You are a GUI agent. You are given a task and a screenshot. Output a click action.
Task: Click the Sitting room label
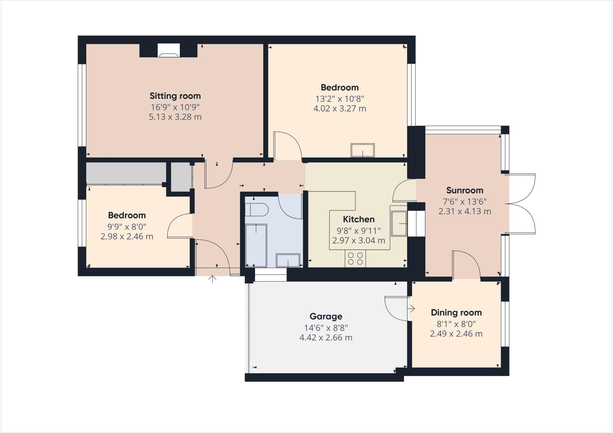(x=175, y=96)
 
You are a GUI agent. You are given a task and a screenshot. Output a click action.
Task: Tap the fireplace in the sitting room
(x=169, y=51)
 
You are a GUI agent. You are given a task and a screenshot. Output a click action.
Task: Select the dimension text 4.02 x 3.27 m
(x=340, y=108)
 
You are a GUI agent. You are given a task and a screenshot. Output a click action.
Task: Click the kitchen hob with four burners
(x=355, y=258)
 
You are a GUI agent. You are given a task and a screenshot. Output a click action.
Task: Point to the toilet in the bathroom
(x=257, y=210)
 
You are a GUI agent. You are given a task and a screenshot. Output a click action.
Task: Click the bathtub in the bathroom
(x=256, y=245)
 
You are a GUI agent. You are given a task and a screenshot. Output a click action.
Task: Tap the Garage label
(x=326, y=317)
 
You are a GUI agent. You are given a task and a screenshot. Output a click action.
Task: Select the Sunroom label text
(x=465, y=190)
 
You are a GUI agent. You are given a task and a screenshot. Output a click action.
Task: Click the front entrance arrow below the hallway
(x=212, y=279)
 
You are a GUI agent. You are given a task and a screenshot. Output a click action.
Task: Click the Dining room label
(x=456, y=313)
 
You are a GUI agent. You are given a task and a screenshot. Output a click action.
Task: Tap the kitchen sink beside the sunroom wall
(x=399, y=223)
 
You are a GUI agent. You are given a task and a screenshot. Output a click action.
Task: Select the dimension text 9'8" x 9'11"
(x=359, y=231)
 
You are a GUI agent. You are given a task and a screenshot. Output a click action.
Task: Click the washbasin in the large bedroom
(x=362, y=150)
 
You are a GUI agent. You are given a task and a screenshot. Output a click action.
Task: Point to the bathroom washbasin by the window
(x=288, y=260)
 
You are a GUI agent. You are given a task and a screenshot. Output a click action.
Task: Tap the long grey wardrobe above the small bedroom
(x=126, y=173)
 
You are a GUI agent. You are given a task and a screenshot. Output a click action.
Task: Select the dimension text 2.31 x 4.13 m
(x=465, y=211)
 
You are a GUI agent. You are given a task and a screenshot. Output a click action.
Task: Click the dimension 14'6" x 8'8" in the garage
(x=326, y=328)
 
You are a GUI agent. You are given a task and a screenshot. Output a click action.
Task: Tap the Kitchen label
(x=359, y=219)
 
